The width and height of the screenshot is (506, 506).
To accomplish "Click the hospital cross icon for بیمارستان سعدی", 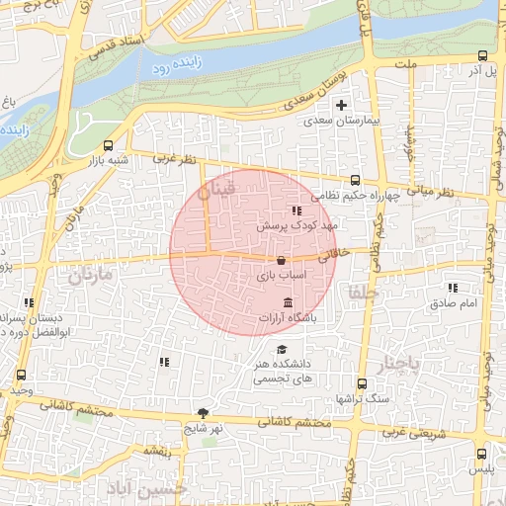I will tap(342, 105).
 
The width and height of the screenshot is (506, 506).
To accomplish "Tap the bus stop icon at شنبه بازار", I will tap(109, 144).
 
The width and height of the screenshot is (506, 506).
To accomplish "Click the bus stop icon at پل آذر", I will tap(482, 56).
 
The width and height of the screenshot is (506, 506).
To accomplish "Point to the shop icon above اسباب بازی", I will tap(283, 261).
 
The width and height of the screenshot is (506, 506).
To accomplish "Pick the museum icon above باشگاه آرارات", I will tap(288, 302).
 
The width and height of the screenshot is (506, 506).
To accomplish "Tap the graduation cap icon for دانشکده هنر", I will tap(282, 349).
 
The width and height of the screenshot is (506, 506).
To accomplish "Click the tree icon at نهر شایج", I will tap(204, 413).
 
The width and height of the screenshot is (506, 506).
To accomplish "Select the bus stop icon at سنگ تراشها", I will tap(361, 383).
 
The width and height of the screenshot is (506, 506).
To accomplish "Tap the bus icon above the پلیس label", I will tap(482, 454).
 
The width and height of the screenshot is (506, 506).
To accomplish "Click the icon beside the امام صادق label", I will tap(452, 288).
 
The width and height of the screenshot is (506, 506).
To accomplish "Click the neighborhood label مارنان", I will tap(92, 274).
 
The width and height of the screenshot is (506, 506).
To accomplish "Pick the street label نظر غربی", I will tap(176, 158).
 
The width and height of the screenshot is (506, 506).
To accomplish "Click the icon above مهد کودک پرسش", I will tap(295, 211).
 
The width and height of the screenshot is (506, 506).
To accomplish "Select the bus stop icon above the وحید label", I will tap(22, 376).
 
